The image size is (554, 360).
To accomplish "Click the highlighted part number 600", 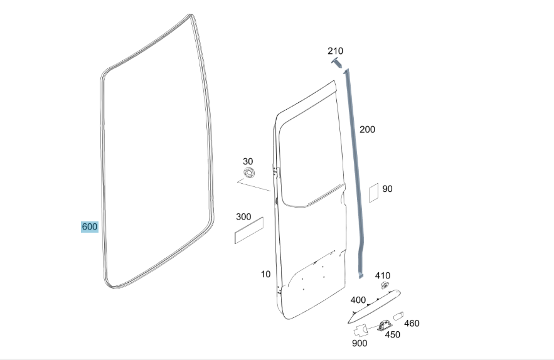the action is pos(89,226).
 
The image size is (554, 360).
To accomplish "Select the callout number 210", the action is pos(335,51).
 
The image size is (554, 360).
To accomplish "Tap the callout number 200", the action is pos(367,129).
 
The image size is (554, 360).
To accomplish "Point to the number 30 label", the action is pos(248,161).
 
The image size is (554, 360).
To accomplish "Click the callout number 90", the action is pos(387,189).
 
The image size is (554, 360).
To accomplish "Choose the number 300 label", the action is pos(243,216).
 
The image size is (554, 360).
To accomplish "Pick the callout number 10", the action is pos(265,274).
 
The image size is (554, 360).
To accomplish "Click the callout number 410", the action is pos(382,275).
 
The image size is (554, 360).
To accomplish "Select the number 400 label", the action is pos(358,300).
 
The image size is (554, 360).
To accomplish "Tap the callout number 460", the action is pos(412,323).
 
